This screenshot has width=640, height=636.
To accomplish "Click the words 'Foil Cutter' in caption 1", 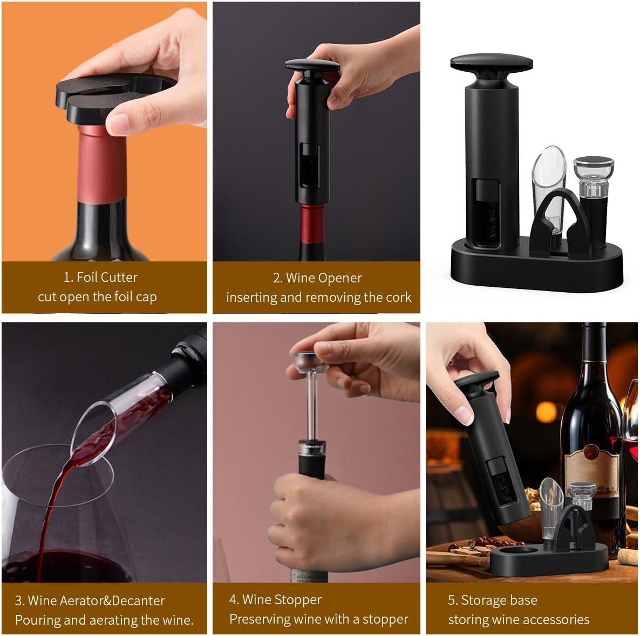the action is click(x=107, y=277).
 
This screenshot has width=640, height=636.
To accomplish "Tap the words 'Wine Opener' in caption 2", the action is click(x=324, y=278).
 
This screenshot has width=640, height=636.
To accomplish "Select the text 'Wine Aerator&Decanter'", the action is click(x=97, y=600).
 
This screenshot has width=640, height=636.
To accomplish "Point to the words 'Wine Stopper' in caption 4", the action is click(x=282, y=600).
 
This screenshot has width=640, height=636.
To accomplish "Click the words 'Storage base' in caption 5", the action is click(x=499, y=600).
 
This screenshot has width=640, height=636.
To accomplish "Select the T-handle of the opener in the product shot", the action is click(x=492, y=65).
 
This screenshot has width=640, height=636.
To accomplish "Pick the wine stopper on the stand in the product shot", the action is click(x=594, y=200).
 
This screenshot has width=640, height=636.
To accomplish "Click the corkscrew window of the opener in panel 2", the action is click(x=310, y=165).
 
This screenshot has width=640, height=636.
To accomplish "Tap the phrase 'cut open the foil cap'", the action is click(x=97, y=297).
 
